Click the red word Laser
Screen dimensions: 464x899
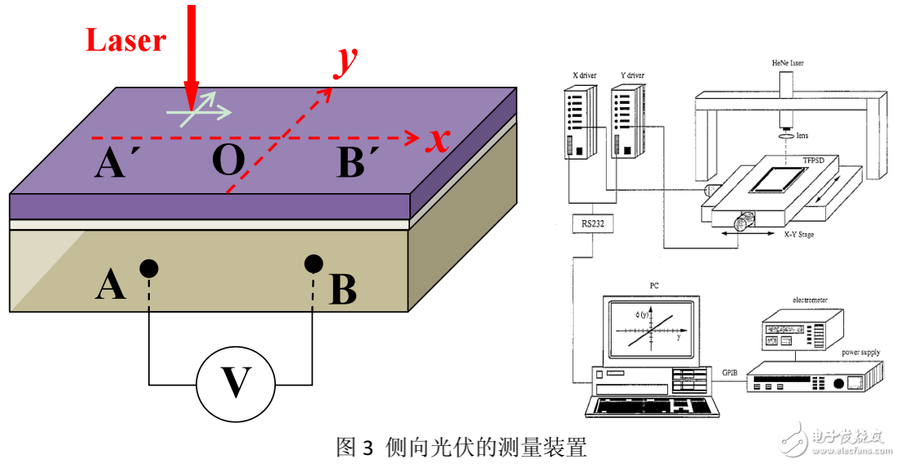click(x=126, y=39)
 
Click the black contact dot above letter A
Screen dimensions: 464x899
click(x=148, y=268)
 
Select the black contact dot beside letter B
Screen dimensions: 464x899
click(x=313, y=264)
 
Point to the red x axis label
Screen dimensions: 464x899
click(x=440, y=141)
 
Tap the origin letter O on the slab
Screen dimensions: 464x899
click(x=228, y=161)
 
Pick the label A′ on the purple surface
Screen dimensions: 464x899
click(x=117, y=165)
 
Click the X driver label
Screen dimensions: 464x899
click(x=584, y=76)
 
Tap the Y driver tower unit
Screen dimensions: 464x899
click(x=627, y=122)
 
